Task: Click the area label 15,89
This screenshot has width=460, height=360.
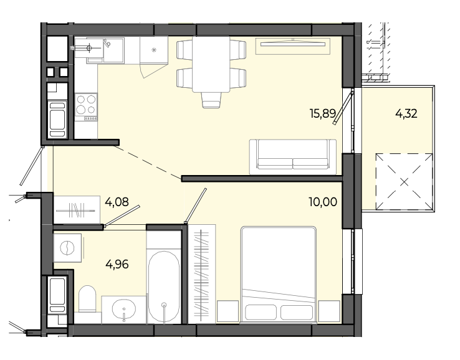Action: (x=323, y=113)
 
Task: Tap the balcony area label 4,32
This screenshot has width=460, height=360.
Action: (x=406, y=113)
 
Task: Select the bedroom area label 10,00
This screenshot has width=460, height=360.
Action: (x=323, y=202)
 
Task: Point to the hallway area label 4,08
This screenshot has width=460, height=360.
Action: (x=117, y=202)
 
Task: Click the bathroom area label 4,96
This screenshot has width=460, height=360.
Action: (x=117, y=264)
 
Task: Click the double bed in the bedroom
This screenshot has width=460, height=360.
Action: (x=278, y=275)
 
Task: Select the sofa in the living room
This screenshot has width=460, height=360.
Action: (x=293, y=157)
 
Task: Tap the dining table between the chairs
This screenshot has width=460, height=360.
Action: (x=211, y=64)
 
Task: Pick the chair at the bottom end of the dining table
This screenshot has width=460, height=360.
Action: (x=211, y=100)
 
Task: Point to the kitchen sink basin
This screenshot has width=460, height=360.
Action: (x=113, y=50)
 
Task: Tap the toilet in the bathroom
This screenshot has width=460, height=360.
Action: (x=87, y=298)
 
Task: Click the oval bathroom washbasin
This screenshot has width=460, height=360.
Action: (x=124, y=309)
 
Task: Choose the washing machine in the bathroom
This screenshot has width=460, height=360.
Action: (x=67, y=248)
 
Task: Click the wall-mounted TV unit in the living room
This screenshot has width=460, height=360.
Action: (x=293, y=46)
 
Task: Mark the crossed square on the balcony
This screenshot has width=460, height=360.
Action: (x=404, y=182)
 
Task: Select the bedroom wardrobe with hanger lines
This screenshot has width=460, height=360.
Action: (x=201, y=274)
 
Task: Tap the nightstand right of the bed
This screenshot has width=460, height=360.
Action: (x=329, y=311)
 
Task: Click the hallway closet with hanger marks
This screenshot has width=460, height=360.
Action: (x=77, y=210)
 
